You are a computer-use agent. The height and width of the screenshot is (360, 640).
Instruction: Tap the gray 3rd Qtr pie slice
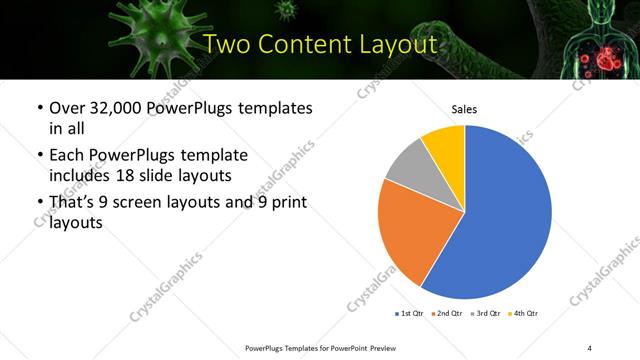pyautogui.click(x=408, y=166)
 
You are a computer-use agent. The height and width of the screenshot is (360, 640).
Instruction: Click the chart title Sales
pyautogui.click(x=465, y=108)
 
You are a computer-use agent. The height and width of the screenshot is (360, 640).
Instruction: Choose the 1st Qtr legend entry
pyautogui.click(x=407, y=314)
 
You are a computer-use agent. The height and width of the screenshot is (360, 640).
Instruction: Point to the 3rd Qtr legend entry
pyautogui.click(x=486, y=314)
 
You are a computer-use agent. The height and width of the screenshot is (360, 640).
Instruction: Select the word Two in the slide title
pyautogui.click(x=225, y=45)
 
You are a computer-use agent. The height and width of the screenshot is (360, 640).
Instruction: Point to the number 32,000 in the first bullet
pyautogui.click(x=118, y=108)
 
